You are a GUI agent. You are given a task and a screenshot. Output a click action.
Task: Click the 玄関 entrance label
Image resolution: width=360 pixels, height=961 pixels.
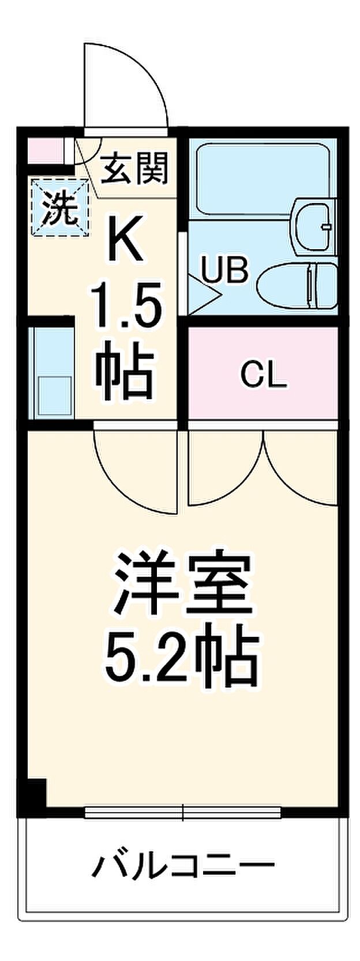pyautogui.click(x=135, y=168)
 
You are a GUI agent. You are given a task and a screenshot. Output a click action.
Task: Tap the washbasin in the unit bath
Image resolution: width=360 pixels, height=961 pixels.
pyautogui.click(x=314, y=226)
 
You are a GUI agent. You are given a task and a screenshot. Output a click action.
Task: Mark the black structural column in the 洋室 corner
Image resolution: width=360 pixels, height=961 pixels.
pyautogui.click(x=33, y=795)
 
